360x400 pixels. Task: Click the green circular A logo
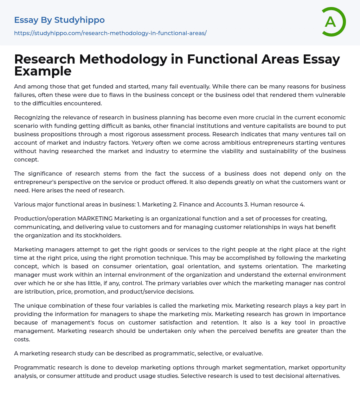point(333,22)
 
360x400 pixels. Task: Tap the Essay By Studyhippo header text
point(59,20)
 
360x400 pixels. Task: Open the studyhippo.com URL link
point(110,33)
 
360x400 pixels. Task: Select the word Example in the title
point(43,71)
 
